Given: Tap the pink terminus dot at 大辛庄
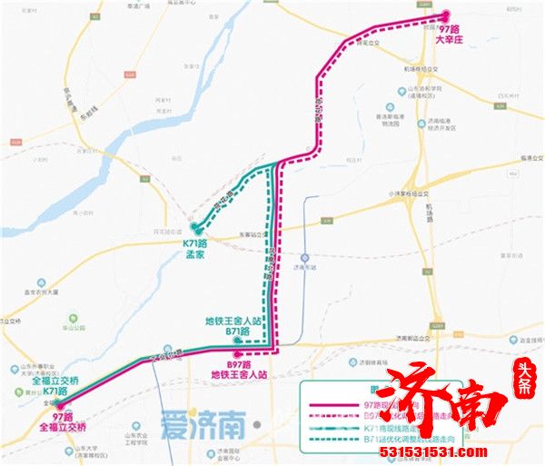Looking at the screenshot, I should coord(446,15).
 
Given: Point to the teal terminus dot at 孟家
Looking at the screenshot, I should coord(194,226).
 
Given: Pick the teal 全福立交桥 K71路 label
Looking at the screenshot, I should coord(37,386).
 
